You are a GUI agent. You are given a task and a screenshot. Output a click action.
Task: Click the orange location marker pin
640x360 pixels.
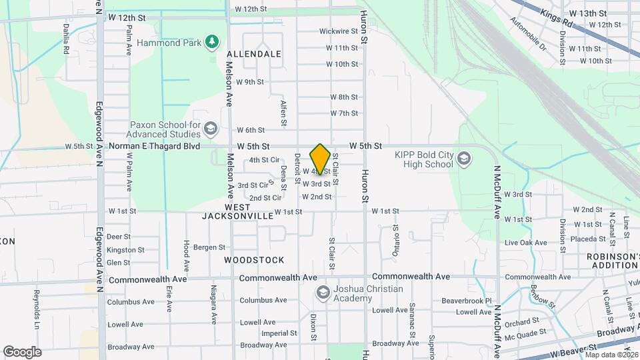320,159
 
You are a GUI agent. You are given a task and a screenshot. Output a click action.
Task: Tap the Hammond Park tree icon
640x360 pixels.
213,43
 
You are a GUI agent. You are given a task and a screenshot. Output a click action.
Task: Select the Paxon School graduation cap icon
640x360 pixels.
211,128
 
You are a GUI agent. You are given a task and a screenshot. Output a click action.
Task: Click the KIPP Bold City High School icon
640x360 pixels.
464,159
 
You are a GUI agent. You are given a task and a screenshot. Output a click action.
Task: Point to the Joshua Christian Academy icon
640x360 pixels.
323,293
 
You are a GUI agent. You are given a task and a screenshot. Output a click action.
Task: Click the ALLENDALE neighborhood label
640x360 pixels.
253,53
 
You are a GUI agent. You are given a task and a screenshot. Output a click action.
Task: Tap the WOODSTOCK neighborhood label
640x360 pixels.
254,260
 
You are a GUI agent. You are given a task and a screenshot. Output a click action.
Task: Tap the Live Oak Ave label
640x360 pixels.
526,243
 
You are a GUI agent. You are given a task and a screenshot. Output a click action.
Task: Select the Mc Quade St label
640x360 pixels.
525,331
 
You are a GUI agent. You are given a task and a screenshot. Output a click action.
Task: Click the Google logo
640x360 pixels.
22,351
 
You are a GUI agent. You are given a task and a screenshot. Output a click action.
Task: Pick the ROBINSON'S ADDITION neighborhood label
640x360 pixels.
612,261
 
